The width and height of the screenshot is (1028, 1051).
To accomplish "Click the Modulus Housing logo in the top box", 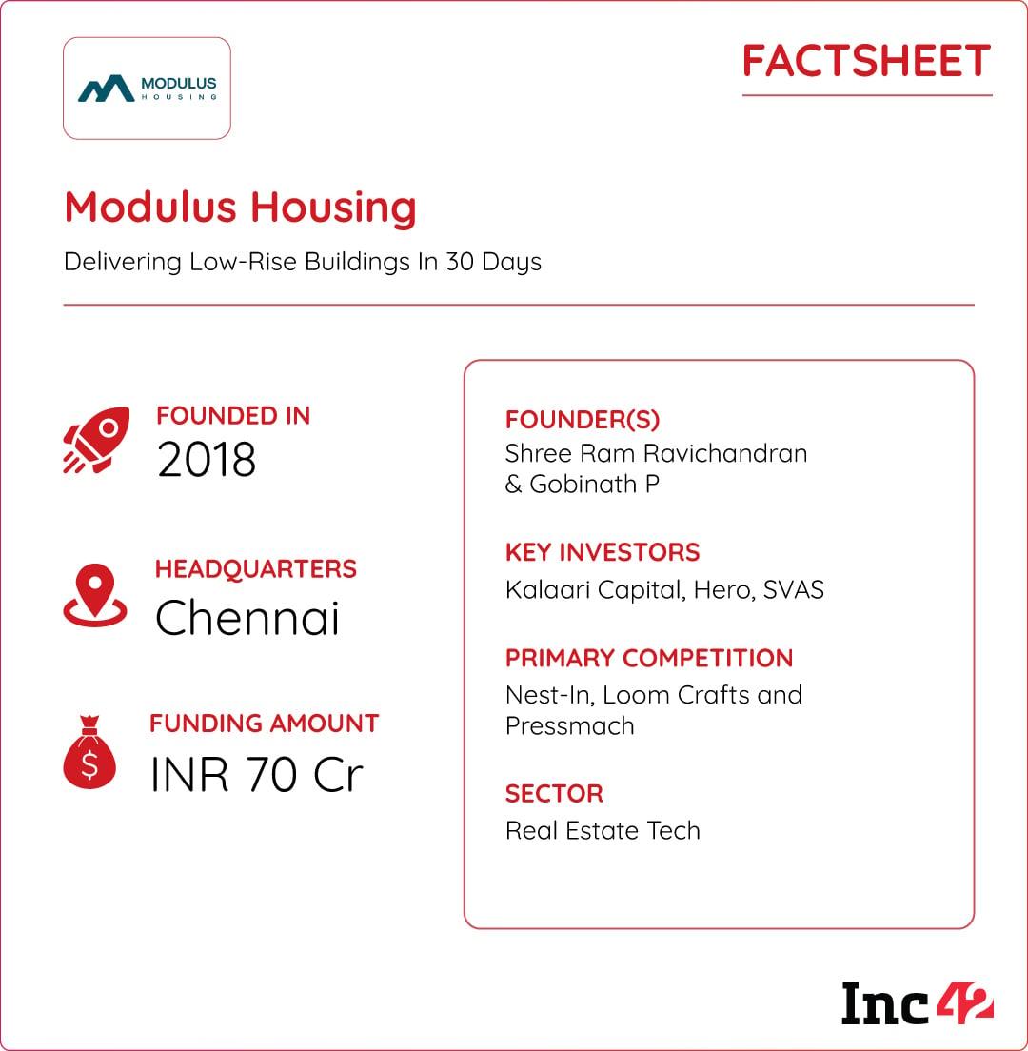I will (x=147, y=89).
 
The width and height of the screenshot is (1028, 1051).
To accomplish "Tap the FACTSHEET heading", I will (x=866, y=62).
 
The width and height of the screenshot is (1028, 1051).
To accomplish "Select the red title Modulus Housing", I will (x=240, y=207).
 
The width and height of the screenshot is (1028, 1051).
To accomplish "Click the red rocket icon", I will (x=95, y=440).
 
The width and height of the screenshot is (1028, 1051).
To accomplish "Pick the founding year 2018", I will (x=207, y=460).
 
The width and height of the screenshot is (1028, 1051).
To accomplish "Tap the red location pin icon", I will (x=95, y=595).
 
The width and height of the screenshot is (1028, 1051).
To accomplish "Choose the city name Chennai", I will (x=247, y=619).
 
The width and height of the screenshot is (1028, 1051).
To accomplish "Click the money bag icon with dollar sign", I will (x=89, y=753).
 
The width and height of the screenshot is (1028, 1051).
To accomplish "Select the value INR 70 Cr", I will (x=257, y=775).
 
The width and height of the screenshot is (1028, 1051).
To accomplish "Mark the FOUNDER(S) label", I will (x=583, y=420).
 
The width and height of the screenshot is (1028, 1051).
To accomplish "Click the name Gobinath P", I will (x=594, y=484).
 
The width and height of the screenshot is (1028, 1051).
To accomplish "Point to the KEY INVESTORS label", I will (x=603, y=552).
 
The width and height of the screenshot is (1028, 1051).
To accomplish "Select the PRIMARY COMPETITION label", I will (x=649, y=658).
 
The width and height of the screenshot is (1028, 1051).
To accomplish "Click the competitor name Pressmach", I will (x=569, y=725).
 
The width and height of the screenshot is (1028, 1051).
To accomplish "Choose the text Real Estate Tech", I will (x=603, y=830).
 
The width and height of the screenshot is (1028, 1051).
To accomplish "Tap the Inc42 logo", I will (x=917, y=1003).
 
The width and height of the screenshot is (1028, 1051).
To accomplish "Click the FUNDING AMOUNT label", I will (x=264, y=724).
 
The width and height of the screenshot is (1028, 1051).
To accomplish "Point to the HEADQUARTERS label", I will (x=255, y=569).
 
